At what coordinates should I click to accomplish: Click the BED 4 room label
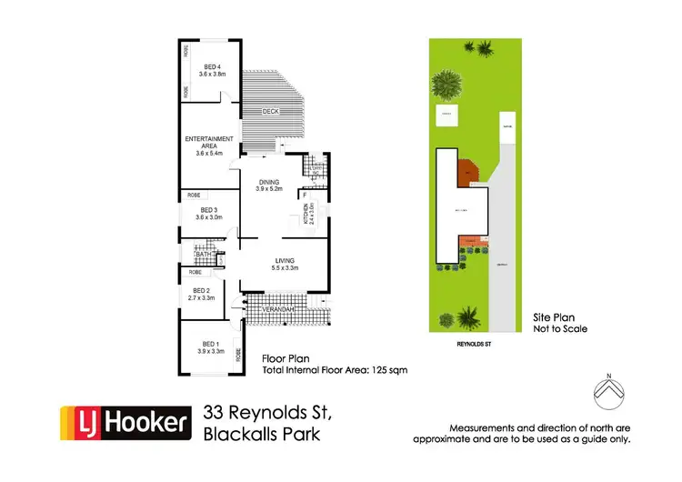coord(212,66)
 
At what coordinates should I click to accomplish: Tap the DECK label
coord(270,111)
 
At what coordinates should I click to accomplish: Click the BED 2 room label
coord(203,289)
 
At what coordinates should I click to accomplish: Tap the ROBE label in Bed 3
coord(194,195)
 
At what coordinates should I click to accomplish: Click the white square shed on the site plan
coord(446,115)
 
